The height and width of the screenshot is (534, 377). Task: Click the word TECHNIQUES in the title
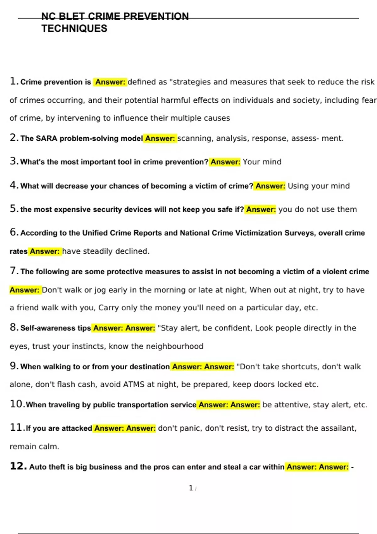tap(74, 29)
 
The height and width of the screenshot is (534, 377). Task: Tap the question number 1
tap(13, 81)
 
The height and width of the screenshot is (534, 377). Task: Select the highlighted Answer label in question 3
tap(225, 162)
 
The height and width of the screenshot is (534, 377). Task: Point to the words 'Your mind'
tap(262, 162)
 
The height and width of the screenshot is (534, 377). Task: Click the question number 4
tap(14, 185)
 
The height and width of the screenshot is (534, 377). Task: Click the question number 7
tap(14, 271)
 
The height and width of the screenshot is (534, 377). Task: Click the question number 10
tap(17, 404)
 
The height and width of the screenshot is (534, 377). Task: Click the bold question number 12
tap(18, 466)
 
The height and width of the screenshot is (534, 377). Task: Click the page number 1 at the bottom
tap(191, 488)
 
